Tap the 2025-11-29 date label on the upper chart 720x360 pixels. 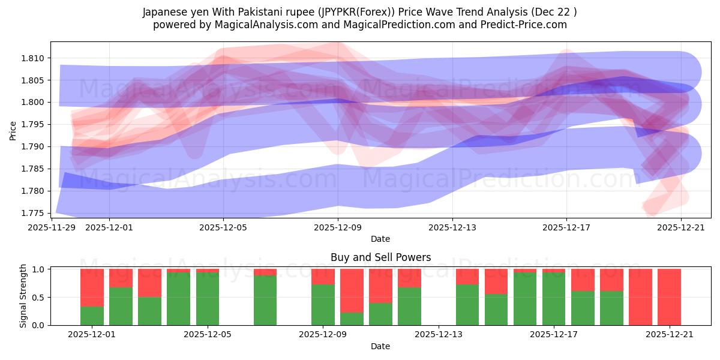(x=52, y=227)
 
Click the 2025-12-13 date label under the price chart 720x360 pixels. (x=452, y=227)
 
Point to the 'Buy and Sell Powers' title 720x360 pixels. (x=380, y=257)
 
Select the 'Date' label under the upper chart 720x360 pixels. (x=380, y=239)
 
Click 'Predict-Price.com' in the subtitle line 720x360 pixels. (x=527, y=25)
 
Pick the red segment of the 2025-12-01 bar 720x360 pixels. (x=92, y=287)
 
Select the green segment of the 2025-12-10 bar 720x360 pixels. (x=352, y=319)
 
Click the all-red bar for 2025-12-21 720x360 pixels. (x=669, y=297)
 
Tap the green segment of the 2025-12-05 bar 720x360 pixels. (x=208, y=299)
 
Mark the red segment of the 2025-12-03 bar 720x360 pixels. (x=149, y=283)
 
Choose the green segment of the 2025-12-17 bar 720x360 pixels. (x=554, y=299)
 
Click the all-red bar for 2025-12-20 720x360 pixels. (x=640, y=297)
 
